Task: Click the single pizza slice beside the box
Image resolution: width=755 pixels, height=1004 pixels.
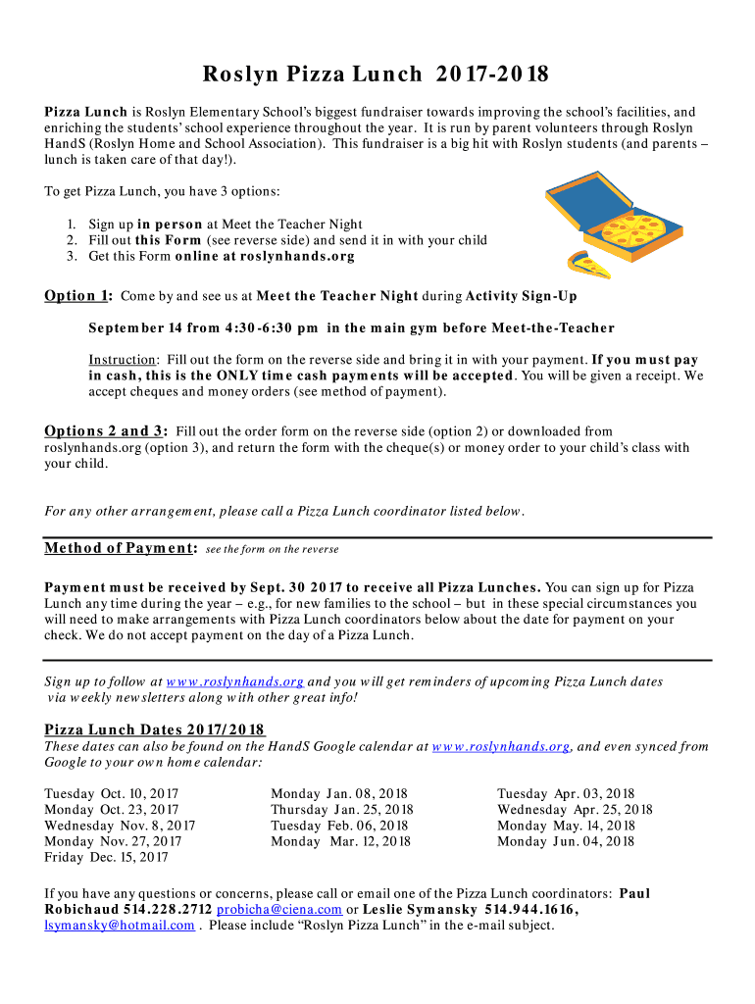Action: click(588, 263)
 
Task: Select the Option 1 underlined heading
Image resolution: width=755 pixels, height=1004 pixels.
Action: click(78, 296)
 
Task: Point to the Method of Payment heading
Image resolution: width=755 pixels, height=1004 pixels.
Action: click(122, 548)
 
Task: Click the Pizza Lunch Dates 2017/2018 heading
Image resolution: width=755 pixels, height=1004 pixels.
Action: click(155, 729)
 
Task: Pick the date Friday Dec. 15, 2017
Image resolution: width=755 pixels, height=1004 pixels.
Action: click(106, 857)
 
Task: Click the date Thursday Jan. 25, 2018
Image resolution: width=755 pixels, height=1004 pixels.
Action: click(341, 810)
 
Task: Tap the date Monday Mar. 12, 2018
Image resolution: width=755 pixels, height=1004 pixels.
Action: click(340, 841)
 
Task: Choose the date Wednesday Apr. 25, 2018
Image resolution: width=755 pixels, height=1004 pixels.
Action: click(575, 810)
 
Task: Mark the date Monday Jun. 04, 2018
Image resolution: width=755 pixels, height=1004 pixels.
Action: click(566, 841)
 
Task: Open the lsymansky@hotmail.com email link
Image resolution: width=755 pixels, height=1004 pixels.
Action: click(120, 926)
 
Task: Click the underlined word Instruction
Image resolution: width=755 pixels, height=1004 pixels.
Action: click(122, 360)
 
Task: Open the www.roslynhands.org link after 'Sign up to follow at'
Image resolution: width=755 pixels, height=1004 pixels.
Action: click(235, 682)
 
